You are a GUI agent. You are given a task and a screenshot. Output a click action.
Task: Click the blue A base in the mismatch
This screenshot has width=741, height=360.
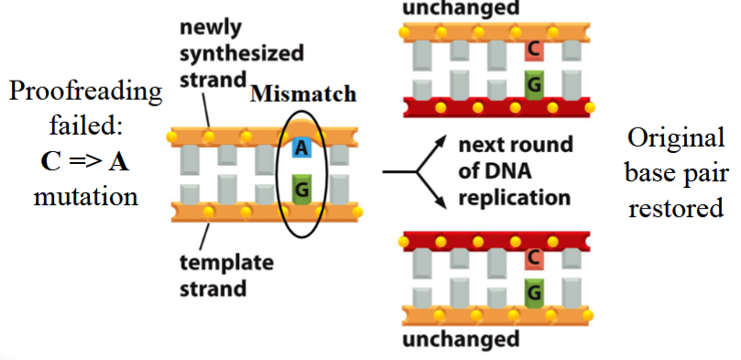pos(300,147)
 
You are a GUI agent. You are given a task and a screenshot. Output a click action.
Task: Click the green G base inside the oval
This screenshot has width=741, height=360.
pos(300,189)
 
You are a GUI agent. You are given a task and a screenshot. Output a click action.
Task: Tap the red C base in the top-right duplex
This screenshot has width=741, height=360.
pos(532,49)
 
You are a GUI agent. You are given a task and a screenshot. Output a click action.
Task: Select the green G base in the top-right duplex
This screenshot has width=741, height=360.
pos(532,84)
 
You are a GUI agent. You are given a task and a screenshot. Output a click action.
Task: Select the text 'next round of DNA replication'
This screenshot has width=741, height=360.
pos(515,170)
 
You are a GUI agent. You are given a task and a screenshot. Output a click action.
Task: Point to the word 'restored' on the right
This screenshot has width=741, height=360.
pos(677,209)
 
